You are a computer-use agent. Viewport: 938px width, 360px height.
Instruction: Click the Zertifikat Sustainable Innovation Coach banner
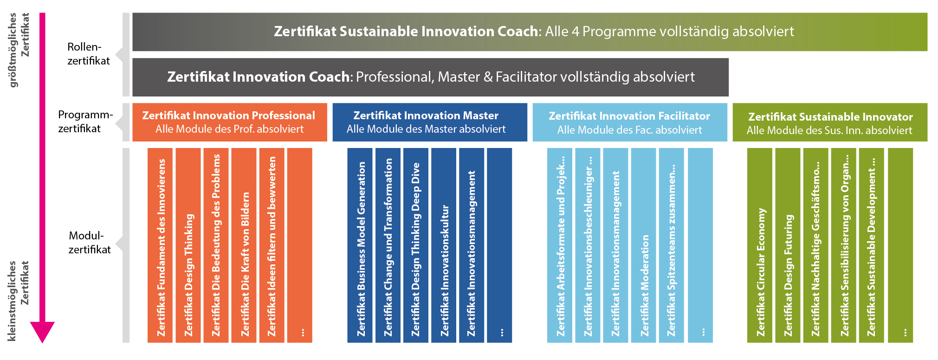click(530, 32)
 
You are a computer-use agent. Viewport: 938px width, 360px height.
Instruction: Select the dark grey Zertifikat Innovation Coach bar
click(430, 77)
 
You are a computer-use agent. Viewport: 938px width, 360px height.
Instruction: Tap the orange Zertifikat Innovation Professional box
click(230, 122)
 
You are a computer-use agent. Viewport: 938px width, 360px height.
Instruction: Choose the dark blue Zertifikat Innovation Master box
click(430, 122)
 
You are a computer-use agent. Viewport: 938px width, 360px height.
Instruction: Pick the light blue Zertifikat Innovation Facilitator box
click(630, 122)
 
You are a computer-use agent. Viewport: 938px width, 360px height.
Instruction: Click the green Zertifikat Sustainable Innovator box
click(830, 122)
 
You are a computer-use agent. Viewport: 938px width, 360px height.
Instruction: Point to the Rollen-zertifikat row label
click(89, 54)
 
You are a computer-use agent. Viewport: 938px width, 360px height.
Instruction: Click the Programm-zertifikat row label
click(85, 122)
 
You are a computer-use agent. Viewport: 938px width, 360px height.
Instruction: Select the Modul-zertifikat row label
click(90, 243)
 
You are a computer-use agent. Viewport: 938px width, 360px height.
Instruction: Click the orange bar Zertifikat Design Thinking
click(188, 245)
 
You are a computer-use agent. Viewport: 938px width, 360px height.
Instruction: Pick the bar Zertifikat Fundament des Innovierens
click(160, 245)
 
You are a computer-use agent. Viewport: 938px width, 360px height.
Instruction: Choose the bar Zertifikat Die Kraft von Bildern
click(244, 245)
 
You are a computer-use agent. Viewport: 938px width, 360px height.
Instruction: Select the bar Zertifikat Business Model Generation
click(360, 245)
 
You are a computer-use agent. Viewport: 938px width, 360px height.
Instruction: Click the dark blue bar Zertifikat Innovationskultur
click(444, 245)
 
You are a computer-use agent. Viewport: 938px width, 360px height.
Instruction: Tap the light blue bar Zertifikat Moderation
click(644, 245)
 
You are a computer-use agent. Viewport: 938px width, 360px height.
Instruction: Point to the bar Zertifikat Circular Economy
click(760, 245)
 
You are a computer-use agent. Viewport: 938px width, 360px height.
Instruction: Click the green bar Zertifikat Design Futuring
click(788, 245)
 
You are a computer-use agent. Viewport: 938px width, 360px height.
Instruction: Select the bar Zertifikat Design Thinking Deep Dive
click(416, 245)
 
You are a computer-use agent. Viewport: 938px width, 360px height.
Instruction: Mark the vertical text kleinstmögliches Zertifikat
click(19, 301)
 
